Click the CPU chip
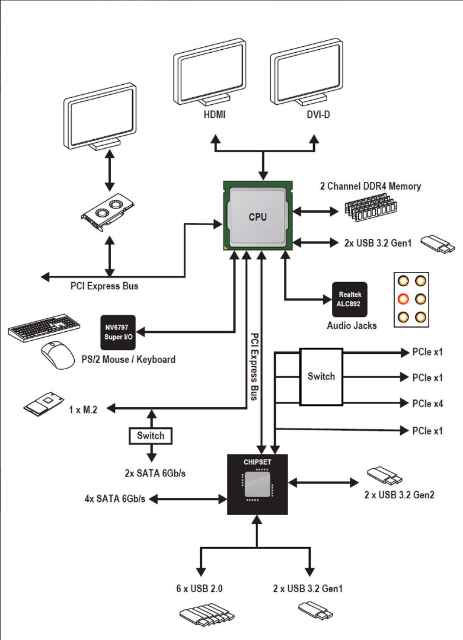click(x=257, y=217)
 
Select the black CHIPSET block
click(x=257, y=484)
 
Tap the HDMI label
click(x=214, y=114)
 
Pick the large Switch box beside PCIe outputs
click(x=321, y=376)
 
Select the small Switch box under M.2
click(x=151, y=436)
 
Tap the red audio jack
click(x=403, y=297)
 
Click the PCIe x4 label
click(x=427, y=404)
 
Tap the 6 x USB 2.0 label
click(x=199, y=588)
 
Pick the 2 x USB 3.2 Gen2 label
click(x=399, y=494)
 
